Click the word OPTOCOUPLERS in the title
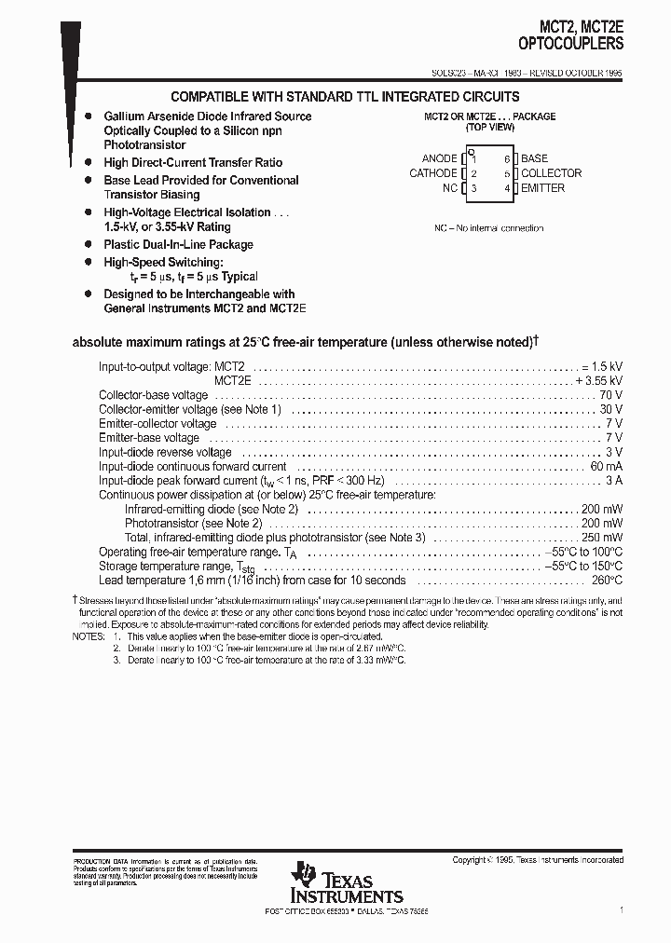(570, 43)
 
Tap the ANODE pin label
(439, 159)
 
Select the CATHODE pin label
(433, 173)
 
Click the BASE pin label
(534, 159)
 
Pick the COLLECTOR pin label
(551, 173)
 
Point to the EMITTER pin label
(542, 188)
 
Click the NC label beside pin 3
(450, 188)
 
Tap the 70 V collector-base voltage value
(612, 395)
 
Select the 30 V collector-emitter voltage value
(612, 409)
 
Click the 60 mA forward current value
(607, 466)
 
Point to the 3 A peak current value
(615, 480)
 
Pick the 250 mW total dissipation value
(602, 538)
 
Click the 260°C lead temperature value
(608, 580)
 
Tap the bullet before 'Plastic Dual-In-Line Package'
(89, 244)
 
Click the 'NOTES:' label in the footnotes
(89, 636)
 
